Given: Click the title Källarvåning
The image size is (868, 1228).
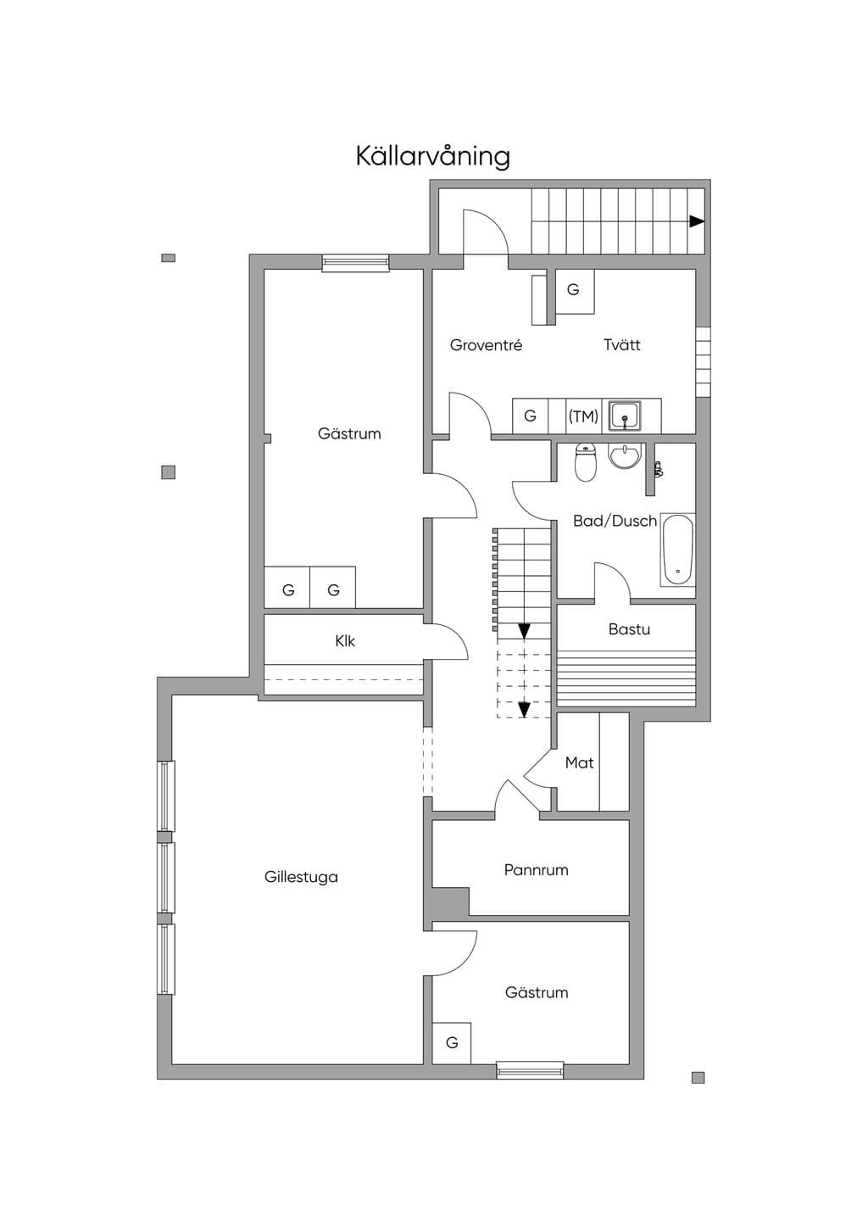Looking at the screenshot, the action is point(433,156).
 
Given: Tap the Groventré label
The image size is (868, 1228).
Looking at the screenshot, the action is point(486,345).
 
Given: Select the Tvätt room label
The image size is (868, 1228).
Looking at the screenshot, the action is point(622,345).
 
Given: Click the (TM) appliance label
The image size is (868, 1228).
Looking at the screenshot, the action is point(583,416).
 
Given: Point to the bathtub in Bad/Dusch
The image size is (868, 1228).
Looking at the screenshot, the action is point(678,550).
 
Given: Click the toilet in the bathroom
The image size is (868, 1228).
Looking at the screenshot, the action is point(585,461).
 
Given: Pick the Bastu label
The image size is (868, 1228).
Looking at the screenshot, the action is point(629,628).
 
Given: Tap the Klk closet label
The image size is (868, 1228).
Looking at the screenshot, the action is point(345,641).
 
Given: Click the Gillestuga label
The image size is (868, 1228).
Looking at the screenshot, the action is point(301,877).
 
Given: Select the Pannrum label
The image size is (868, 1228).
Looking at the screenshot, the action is point(536,870).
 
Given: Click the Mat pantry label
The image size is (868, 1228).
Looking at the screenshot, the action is point(579,762).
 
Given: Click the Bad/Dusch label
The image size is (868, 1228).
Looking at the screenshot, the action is point(615,521).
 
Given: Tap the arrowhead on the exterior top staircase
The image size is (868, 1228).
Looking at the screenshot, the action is point(697,221).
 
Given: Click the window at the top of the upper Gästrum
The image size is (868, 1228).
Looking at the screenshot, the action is point(356,263).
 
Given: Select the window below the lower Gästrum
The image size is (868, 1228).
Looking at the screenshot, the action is point(530,1069).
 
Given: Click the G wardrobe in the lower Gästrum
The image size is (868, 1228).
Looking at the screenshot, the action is point(452,1043).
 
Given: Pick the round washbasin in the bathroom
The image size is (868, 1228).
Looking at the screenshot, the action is point(624,456).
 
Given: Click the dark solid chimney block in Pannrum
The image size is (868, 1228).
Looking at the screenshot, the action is point(447,902).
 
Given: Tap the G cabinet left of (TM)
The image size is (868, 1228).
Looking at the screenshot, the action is point(530,416).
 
